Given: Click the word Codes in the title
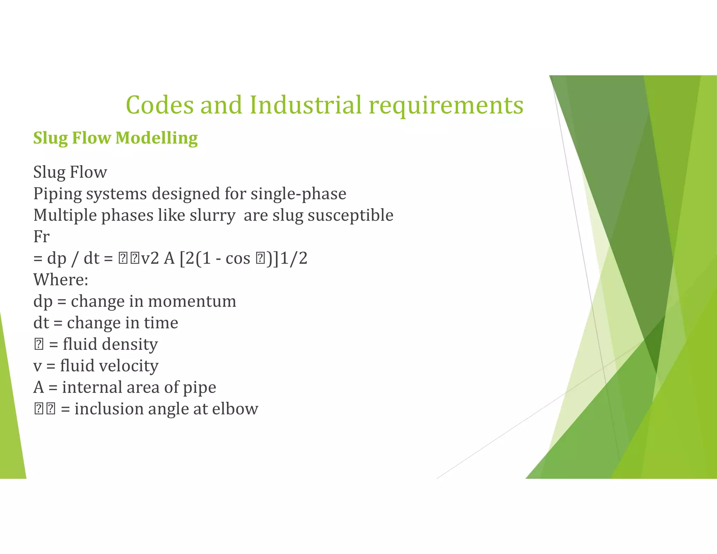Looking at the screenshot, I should coord(159,105).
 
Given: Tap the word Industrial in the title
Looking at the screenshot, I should coord(305,105).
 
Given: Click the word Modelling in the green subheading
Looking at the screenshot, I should coord(156,138).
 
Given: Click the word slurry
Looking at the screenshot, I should coord(213,216).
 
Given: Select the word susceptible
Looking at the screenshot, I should coord(350,216).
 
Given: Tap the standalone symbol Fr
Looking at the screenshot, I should coord(41,237).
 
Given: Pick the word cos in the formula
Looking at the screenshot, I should coord(238,258).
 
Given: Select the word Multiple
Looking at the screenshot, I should coord(65,215).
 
